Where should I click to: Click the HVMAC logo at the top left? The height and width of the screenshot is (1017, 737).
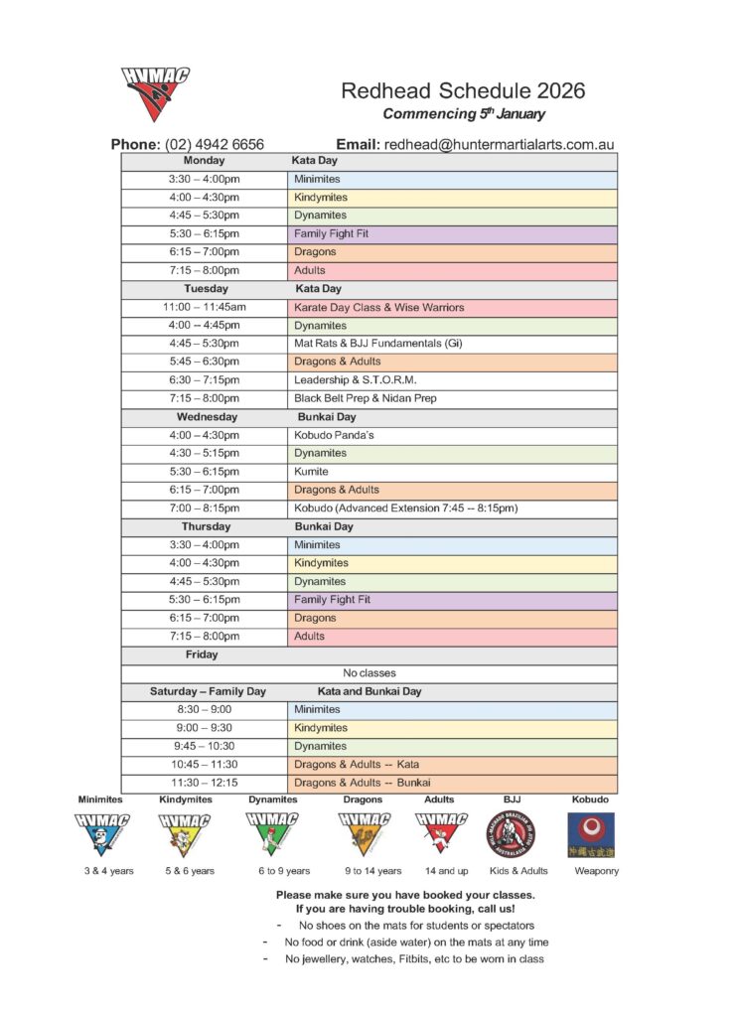click(x=155, y=93)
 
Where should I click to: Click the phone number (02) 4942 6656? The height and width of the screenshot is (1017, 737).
click(x=215, y=144)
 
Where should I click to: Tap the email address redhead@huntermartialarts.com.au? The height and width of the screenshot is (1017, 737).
click(x=500, y=144)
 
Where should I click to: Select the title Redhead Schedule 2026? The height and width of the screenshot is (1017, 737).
click(x=463, y=91)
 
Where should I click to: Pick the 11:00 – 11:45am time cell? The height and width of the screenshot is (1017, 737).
click(x=204, y=308)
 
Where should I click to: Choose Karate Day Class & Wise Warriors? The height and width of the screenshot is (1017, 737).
click(x=378, y=308)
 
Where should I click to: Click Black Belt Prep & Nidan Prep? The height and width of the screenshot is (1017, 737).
click(x=365, y=398)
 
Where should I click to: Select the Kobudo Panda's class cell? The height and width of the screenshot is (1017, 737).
click(x=333, y=435)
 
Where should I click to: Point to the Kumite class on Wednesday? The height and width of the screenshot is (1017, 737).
click(x=311, y=472)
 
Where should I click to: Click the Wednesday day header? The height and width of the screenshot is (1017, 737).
click(x=204, y=417)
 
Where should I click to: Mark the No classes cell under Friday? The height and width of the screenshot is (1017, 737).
click(x=368, y=673)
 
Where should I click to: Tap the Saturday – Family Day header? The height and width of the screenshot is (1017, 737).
click(x=208, y=691)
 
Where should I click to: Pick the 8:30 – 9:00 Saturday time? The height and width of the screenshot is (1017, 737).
click(x=204, y=709)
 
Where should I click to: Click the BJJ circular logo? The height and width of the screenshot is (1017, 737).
click(x=511, y=833)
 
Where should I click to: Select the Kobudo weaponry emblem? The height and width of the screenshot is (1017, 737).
click(x=590, y=834)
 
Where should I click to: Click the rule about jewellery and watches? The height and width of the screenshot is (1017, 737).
click(x=413, y=959)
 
